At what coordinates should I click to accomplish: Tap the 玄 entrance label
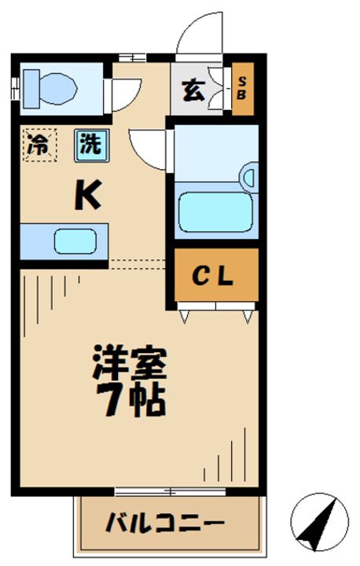click(x=194, y=90)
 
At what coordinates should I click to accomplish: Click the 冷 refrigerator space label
click(x=38, y=145)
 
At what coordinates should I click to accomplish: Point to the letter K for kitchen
click(x=87, y=197)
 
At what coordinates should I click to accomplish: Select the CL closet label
click(x=214, y=277)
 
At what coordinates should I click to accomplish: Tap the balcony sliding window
click(x=169, y=492)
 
